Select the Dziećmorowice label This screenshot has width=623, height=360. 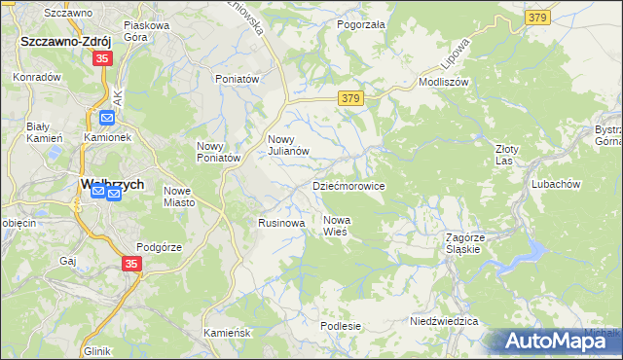[348, 185]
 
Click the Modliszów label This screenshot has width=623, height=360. [444, 83]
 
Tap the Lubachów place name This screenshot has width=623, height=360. [556, 184]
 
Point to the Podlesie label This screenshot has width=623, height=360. [341, 326]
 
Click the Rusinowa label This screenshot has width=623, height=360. [282, 223]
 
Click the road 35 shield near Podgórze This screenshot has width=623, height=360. [132, 264]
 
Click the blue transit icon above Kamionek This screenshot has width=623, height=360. [106, 119]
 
